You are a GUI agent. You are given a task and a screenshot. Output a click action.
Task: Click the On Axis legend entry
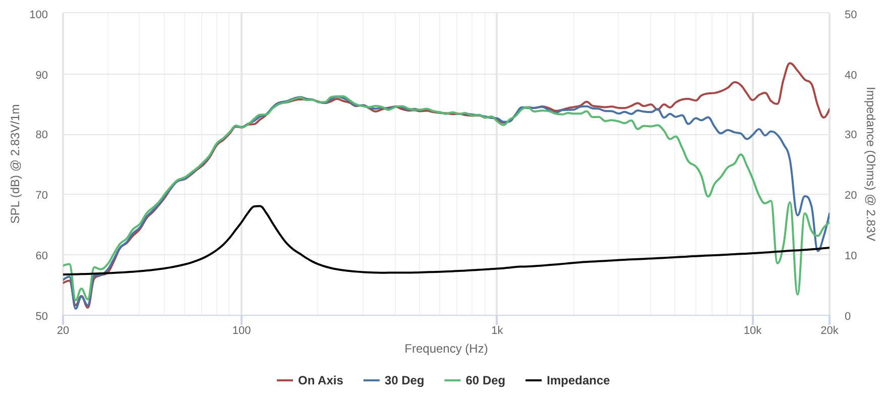coord(310,380)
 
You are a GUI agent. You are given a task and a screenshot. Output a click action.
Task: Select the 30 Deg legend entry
coord(394,380)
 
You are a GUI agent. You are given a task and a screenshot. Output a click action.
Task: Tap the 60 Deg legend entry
coord(475,380)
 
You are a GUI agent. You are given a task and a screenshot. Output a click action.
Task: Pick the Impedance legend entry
coord(568,380)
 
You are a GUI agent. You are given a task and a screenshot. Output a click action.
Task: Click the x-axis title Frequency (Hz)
coord(446,349)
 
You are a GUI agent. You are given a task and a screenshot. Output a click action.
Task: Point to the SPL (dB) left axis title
coord(16,164)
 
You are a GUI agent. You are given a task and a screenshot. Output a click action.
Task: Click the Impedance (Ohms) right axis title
coord(870,164)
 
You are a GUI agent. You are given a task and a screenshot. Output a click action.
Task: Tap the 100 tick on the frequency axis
coord(242,330)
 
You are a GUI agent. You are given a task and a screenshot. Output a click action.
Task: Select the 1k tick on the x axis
coord(497,330)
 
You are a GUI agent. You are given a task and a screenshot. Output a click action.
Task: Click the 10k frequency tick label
coord(752,330)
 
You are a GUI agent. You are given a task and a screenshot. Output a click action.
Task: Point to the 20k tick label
coord(829,330)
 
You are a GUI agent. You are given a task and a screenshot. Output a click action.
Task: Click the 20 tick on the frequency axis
coord(63,330)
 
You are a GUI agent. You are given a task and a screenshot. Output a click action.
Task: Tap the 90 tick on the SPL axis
coord(41,75)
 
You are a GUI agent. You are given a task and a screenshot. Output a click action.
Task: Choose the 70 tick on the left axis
coord(41,195)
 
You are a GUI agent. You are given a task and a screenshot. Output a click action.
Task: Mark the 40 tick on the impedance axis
coord(851,75)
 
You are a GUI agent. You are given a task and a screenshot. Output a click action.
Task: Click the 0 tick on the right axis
coord(848,316)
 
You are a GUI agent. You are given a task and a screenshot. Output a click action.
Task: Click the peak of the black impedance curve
coord(258,206)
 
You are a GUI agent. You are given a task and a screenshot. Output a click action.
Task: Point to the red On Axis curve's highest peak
coord(790,64)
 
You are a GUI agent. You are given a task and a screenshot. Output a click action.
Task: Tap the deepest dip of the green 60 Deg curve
coord(797,294)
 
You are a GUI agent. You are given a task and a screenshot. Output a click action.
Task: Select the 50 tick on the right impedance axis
coord(851,15)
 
